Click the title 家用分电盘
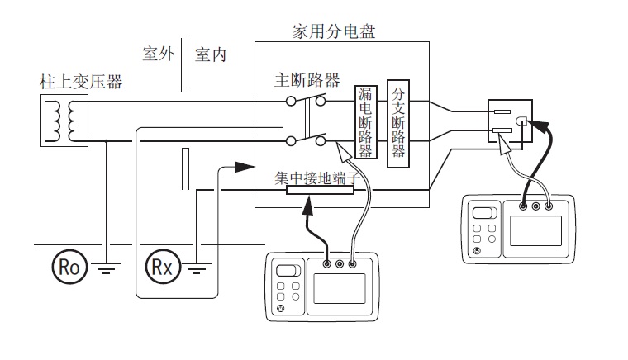pyautogui.click(x=335, y=31)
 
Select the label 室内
pyautogui.click(x=211, y=54)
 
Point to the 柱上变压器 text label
pyautogui.click(x=81, y=82)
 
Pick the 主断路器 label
pyautogui.click(x=307, y=80)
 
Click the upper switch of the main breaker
pyautogui.click(x=306, y=101)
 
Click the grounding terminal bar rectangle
pyautogui.click(x=320, y=190)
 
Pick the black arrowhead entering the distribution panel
pyautogui.click(x=242, y=167)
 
